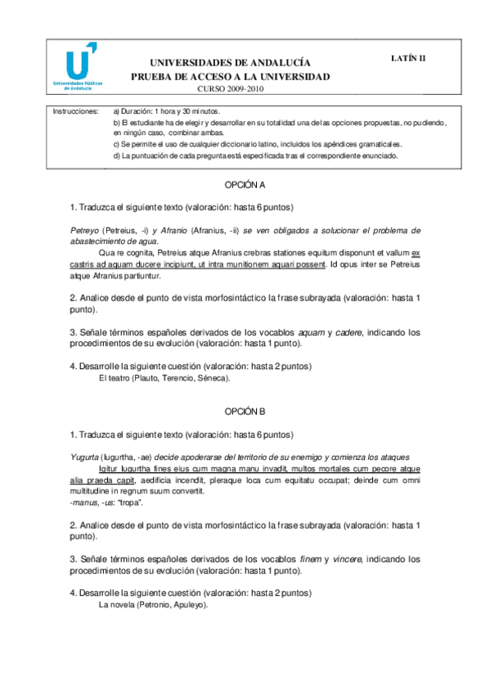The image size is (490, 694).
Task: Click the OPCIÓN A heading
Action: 245,186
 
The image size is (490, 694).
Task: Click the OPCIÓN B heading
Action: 245,412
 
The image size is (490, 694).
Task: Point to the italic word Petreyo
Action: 83,230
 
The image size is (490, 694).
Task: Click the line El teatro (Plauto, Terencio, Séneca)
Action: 164,378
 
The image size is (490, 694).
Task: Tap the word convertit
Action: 206,491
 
